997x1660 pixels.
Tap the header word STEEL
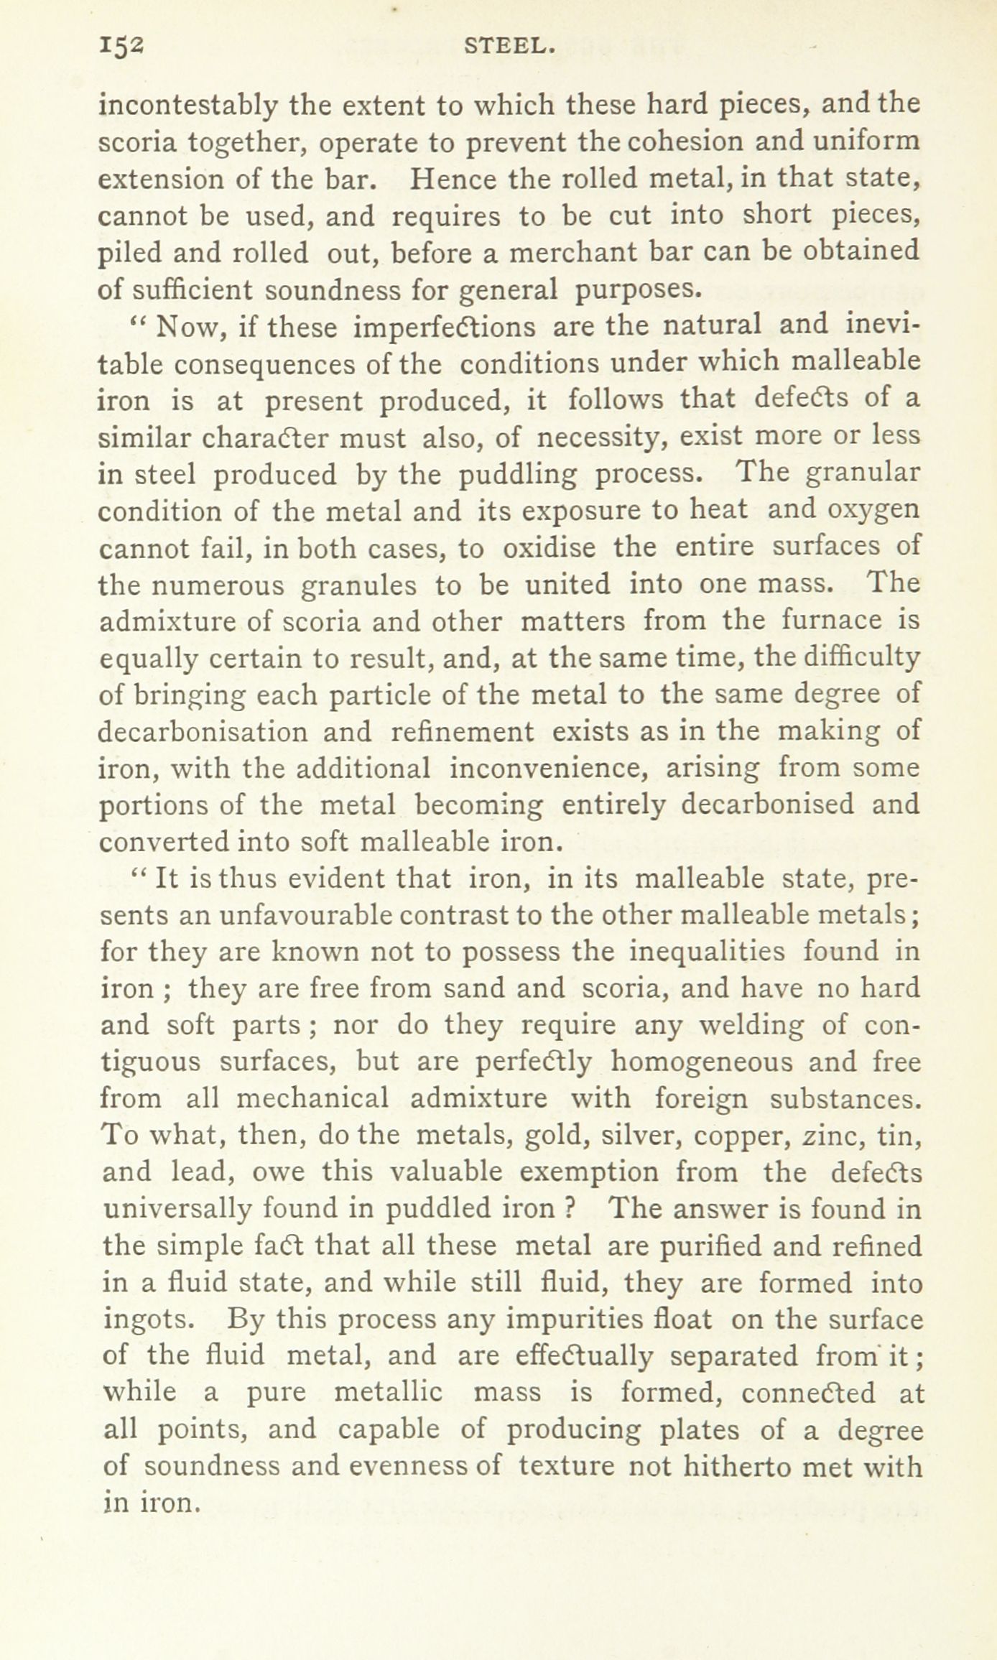pos(509,47)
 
